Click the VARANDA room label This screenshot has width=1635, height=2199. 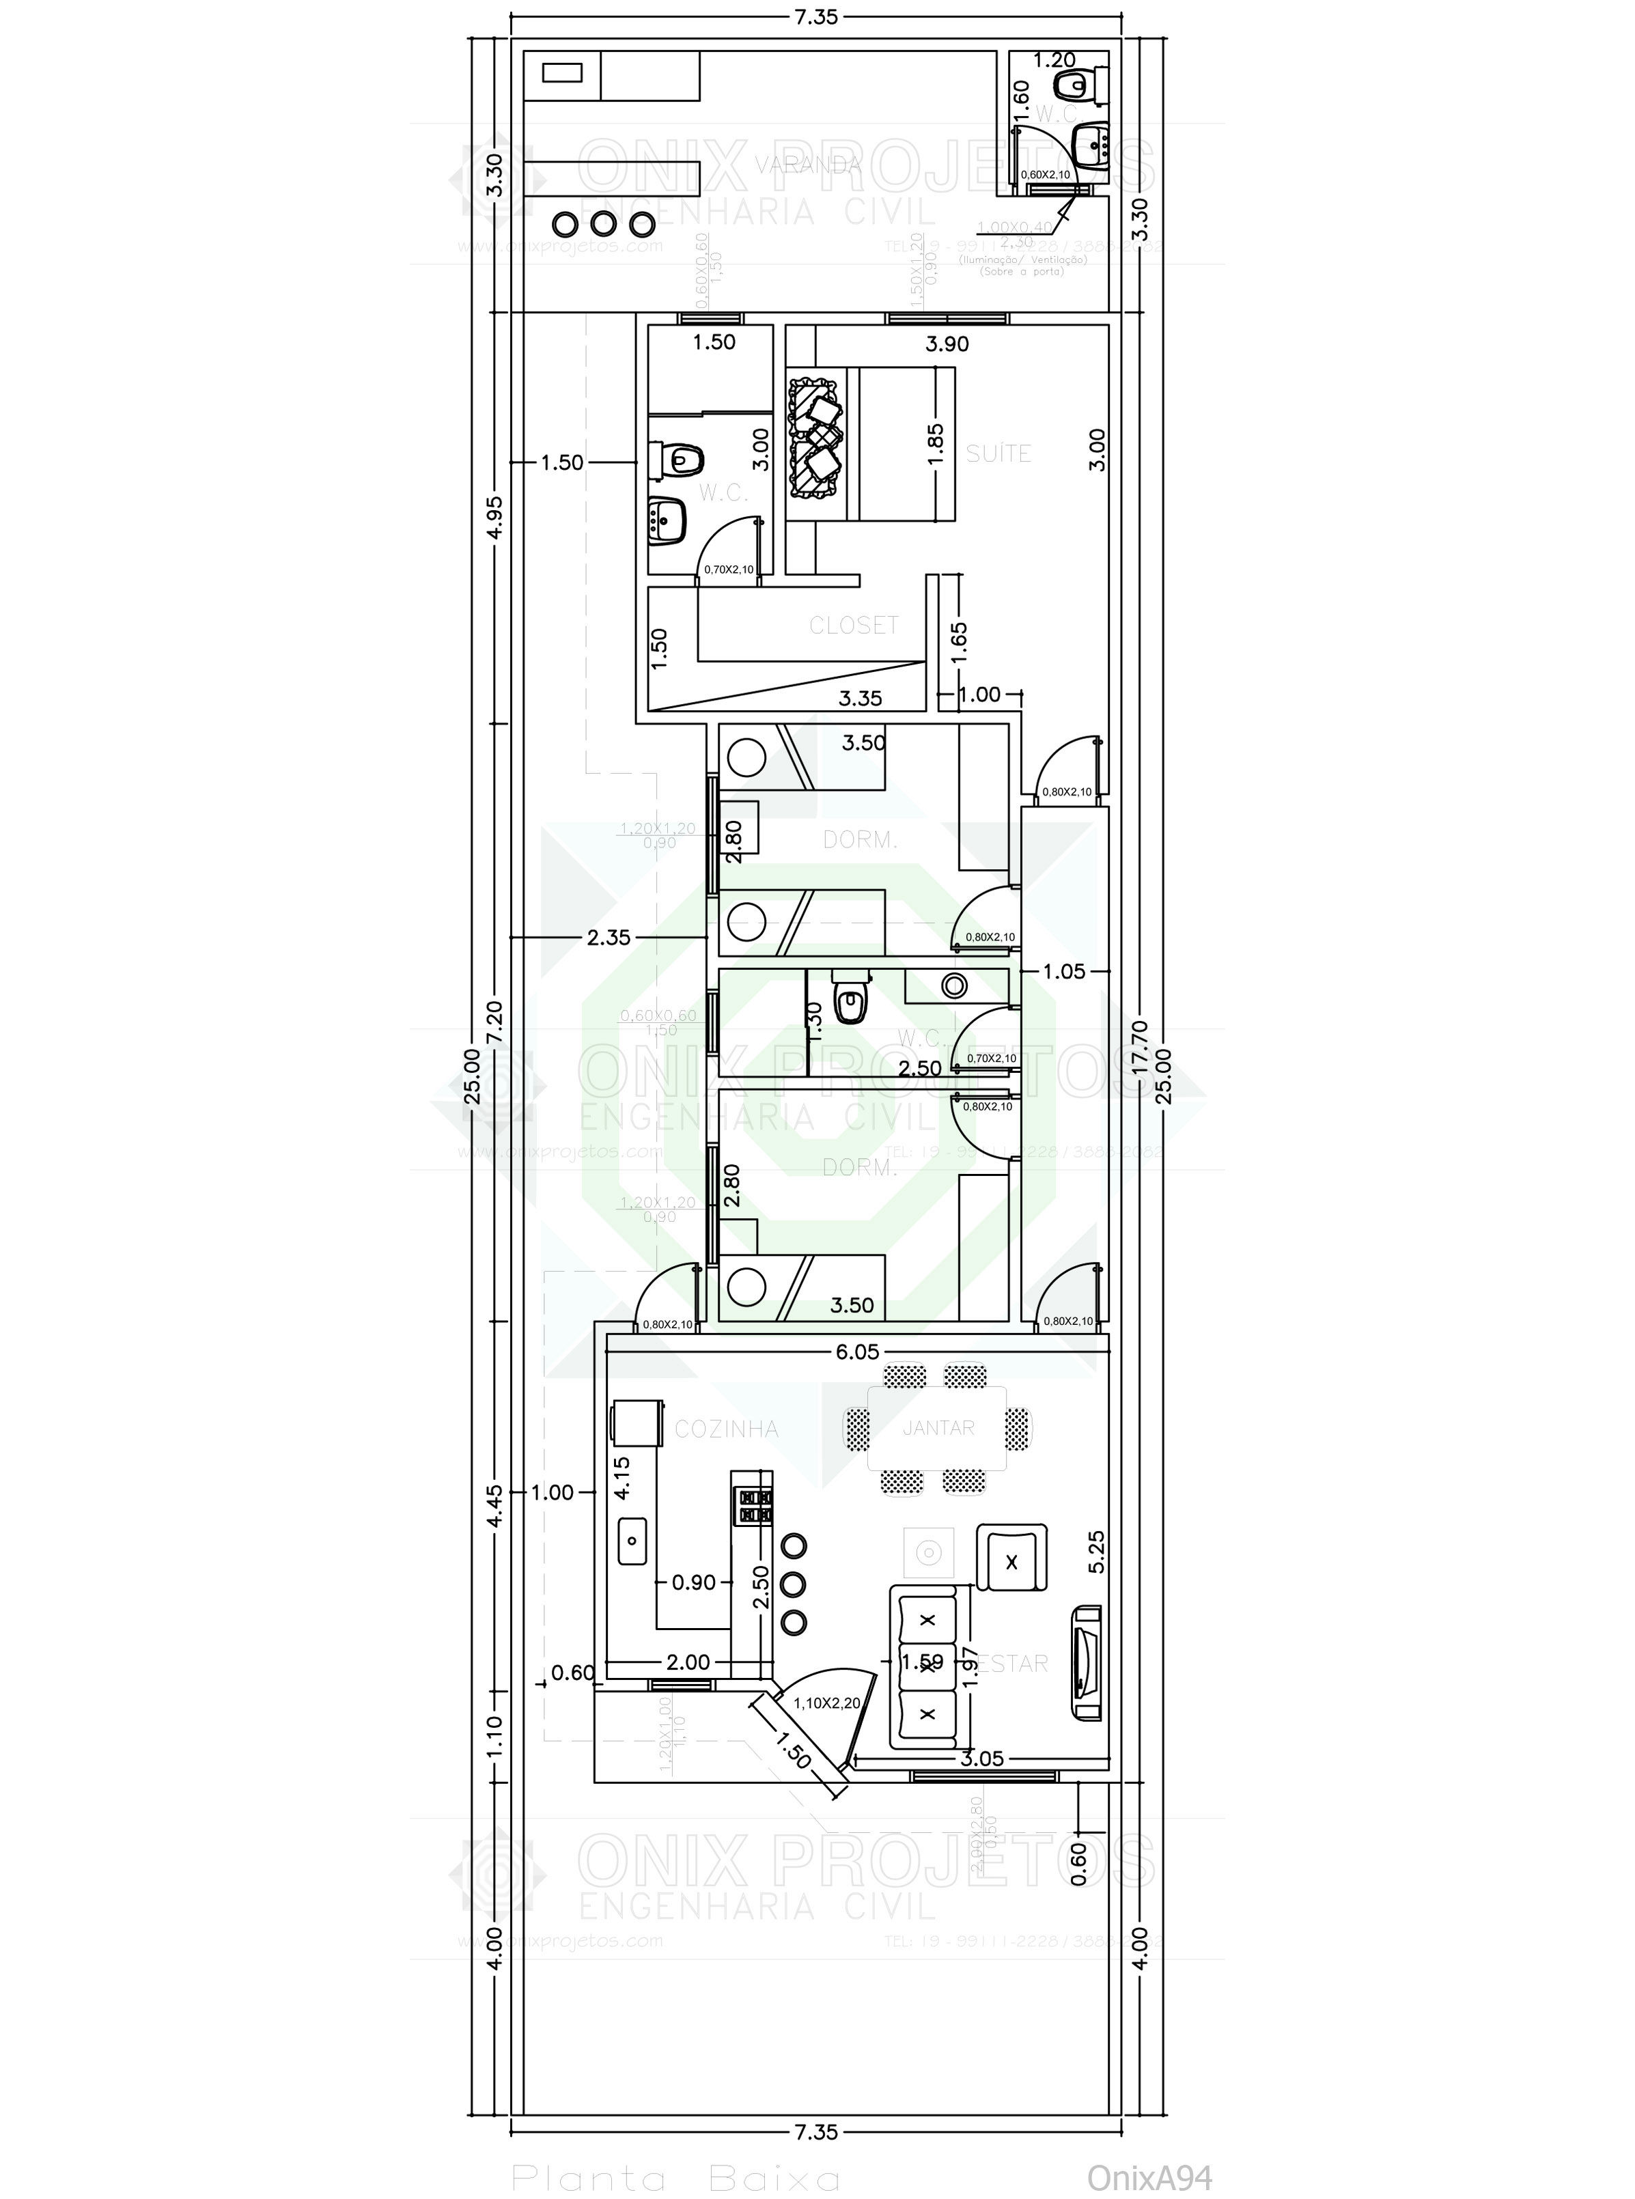coord(808,165)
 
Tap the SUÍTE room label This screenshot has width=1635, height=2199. coord(998,453)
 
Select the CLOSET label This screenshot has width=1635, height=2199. coord(853,626)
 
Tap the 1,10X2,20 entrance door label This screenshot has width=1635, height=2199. coord(826,1703)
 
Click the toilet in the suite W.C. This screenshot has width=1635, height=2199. coord(680,459)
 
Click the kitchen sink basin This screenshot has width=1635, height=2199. coord(632,1541)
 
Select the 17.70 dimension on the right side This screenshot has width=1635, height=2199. coord(1140,1049)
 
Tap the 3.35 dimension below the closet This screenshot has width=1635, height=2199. coord(860,699)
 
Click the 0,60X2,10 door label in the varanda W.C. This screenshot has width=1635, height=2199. coord(1045,175)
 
